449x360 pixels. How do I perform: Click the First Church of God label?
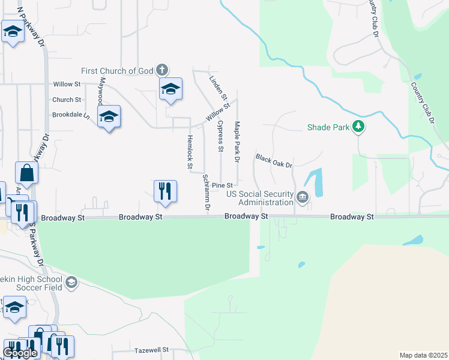[x=118, y=71]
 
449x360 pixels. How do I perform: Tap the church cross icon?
[x=161, y=70]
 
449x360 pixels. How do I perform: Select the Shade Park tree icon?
[x=358, y=127]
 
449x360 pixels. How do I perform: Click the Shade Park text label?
[x=328, y=127]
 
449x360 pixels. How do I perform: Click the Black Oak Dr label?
[x=273, y=161]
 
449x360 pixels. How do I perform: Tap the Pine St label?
[x=222, y=185]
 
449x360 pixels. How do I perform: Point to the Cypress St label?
[x=221, y=136]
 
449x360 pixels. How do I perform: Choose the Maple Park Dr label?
[x=237, y=142]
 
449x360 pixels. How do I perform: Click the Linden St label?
[x=218, y=88]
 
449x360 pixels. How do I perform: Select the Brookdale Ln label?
[x=70, y=114]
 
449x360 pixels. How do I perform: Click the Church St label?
[x=67, y=100]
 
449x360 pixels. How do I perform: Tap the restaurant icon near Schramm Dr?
[x=164, y=191]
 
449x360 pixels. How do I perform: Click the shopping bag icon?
[x=27, y=173]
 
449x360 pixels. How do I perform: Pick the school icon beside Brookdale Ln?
[x=109, y=116]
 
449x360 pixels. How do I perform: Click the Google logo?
[x=20, y=353]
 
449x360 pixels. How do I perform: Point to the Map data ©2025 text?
[x=423, y=355]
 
